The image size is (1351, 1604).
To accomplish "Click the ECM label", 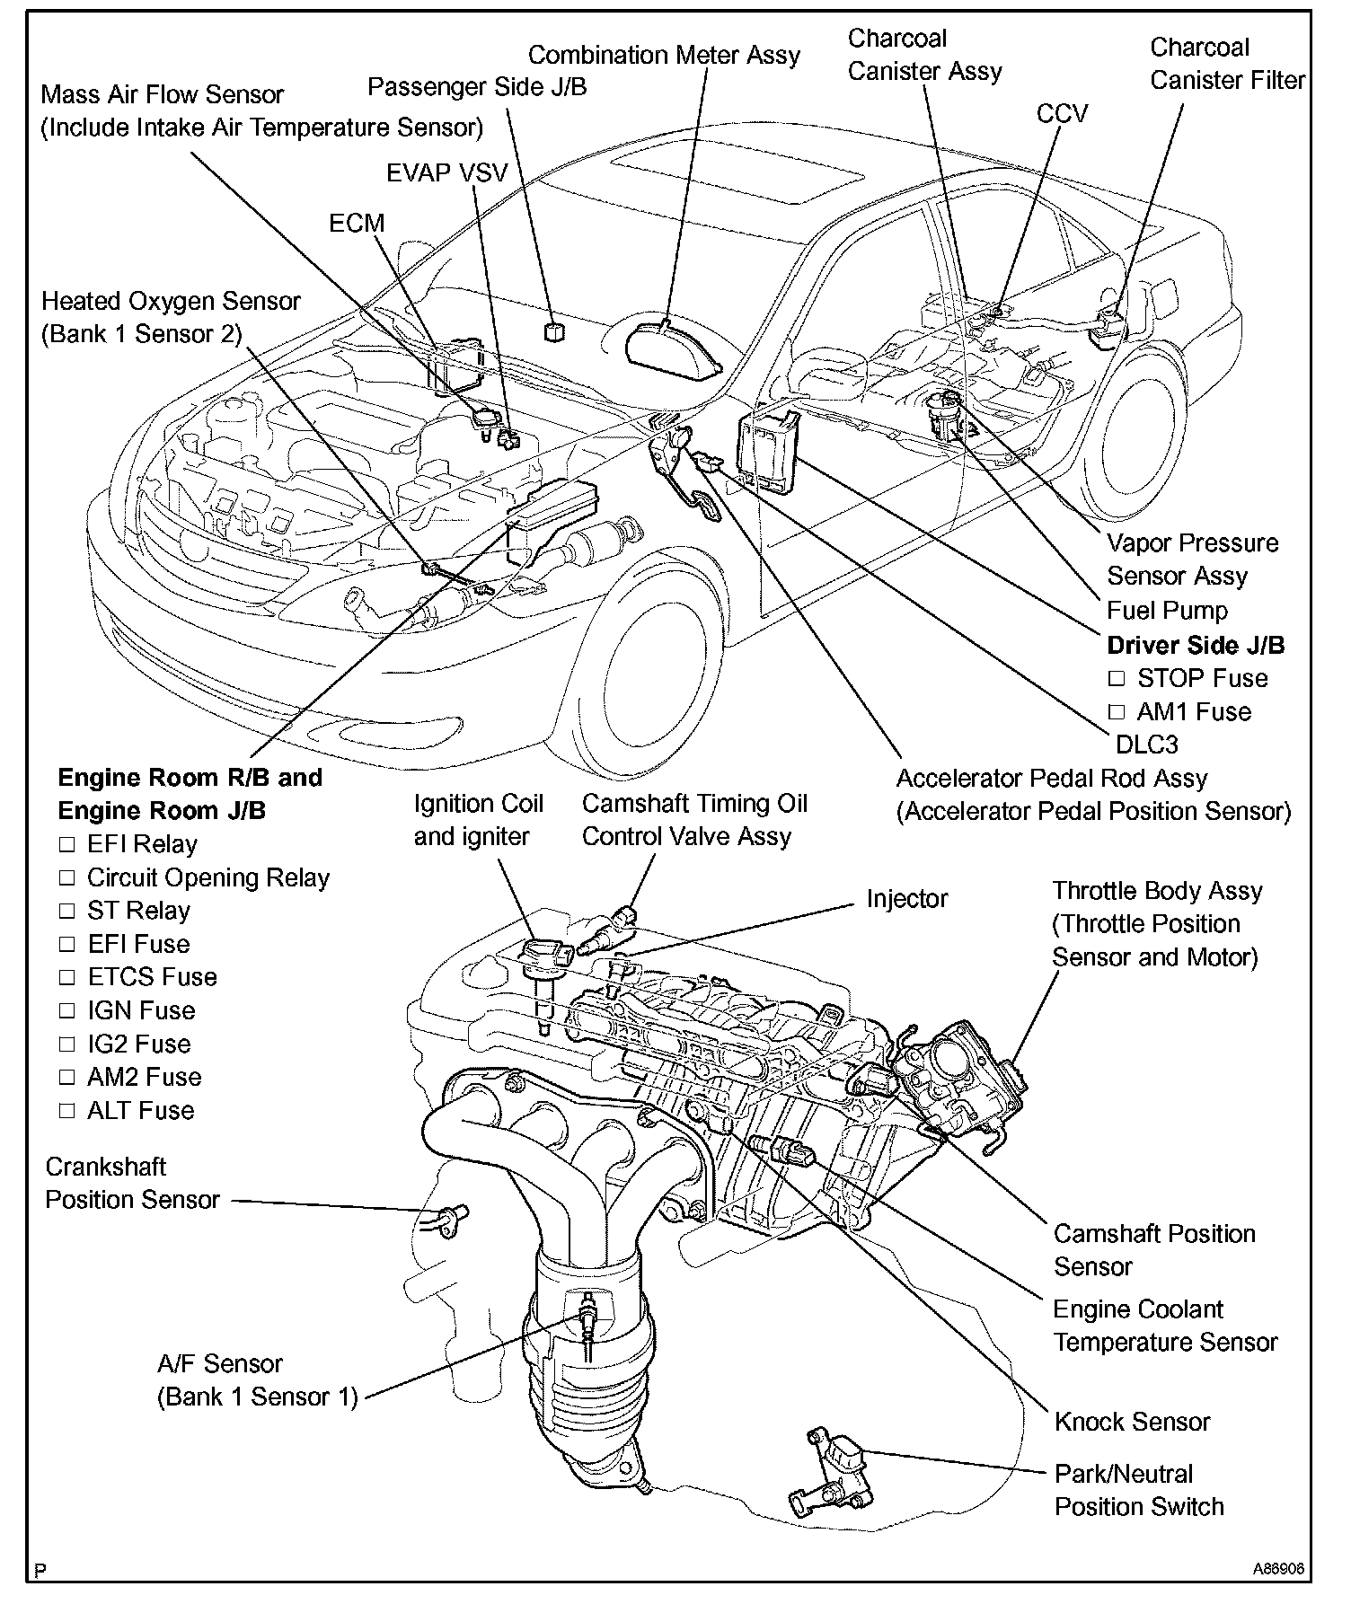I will coord(357,223).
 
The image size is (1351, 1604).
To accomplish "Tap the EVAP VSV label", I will coord(446,172).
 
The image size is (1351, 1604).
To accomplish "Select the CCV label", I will coord(1062,114).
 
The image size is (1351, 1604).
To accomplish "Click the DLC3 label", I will coord(1146,745).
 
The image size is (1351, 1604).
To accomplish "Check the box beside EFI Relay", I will coord(66,845).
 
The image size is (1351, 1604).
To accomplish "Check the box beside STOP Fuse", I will coord(1117,678).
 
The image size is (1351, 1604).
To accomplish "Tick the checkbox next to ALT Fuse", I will coord(66,1111).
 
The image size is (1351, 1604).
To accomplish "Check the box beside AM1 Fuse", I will coord(1117,712).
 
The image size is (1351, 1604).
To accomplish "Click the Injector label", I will coord(906,899).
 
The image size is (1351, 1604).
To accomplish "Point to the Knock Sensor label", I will coord(1132,1422).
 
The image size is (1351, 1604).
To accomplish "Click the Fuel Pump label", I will coord(1167,611).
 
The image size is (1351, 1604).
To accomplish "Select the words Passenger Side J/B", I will coord(477,87).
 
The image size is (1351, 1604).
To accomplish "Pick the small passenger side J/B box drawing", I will coord(555,330).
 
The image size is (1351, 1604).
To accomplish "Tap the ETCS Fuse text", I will coord(152,977).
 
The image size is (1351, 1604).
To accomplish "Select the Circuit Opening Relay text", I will coord(208,877).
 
